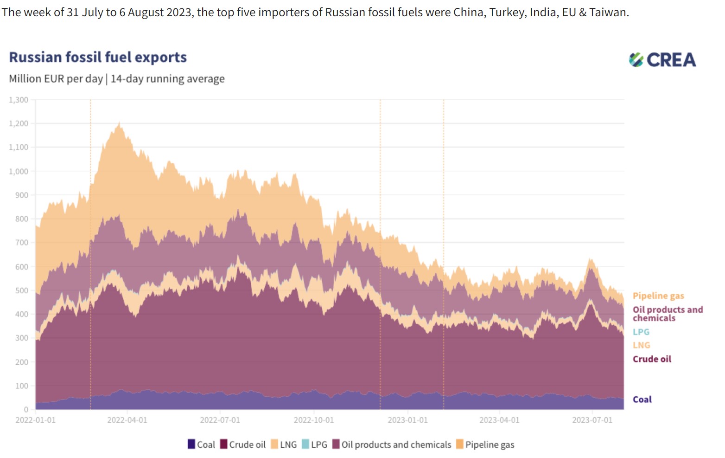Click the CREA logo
click(662, 60)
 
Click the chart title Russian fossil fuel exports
click(98, 57)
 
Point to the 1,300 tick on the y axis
click(19, 100)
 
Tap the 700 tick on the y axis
click(21, 243)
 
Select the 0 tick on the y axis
click(26, 409)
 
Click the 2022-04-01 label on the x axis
click(127, 420)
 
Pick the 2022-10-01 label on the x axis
click(313, 420)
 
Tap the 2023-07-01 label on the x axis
click(592, 420)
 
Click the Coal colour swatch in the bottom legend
click(191, 444)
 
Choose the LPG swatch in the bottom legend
click(305, 444)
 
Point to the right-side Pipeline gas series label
click(658, 296)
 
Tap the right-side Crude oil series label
click(652, 359)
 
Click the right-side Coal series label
click(642, 400)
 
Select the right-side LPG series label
click(641, 332)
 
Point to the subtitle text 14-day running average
click(167, 79)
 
